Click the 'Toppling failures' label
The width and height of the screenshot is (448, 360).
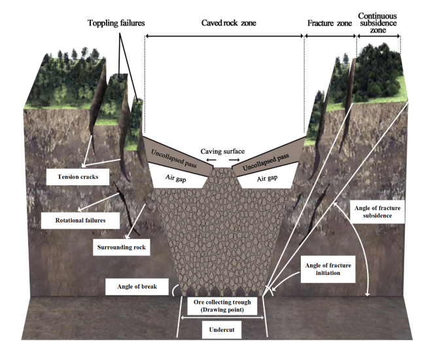tap(116, 23)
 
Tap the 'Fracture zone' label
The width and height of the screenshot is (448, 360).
tap(330, 23)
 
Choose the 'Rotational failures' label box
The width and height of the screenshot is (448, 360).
tap(82, 220)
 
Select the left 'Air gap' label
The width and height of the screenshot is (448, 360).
tap(172, 177)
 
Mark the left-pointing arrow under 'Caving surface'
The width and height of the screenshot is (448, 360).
tap(210, 160)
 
